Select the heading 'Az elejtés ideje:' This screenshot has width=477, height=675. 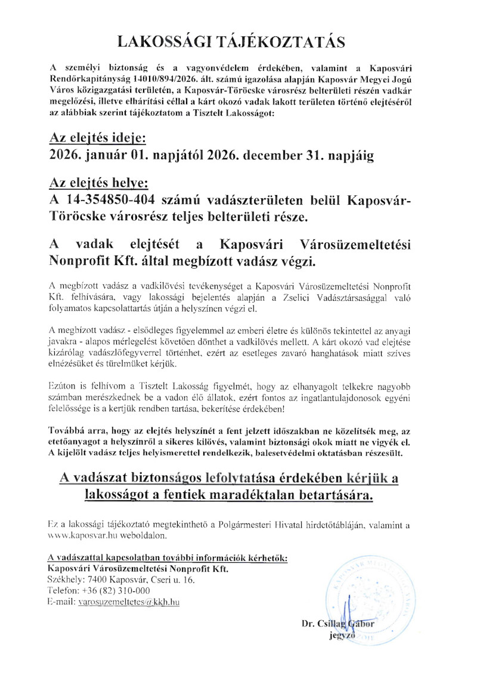[97, 138]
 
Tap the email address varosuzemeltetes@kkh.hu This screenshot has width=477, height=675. [129, 602]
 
